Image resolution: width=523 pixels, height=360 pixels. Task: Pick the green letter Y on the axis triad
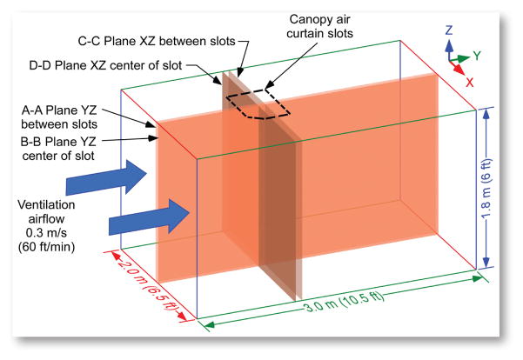pyautogui.click(x=477, y=55)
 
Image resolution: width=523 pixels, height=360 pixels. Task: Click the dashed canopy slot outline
pyautogui.click(x=258, y=102)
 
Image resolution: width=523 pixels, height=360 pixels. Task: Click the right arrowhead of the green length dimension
pyautogui.click(x=480, y=278)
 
